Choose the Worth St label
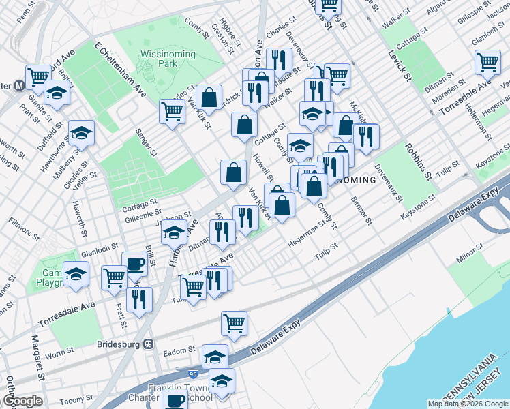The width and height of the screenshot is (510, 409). tap(60, 353)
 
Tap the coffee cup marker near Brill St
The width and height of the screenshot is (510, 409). tap(134, 264)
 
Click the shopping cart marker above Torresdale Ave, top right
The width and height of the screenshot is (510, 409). tap(488, 63)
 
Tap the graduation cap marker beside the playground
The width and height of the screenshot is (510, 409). tap(76, 274)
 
